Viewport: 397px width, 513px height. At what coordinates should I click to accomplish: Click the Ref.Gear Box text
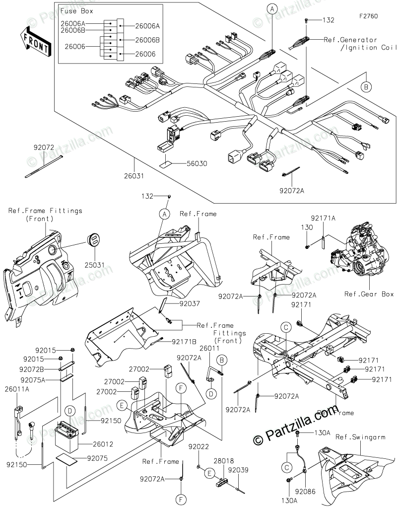tap(369, 294)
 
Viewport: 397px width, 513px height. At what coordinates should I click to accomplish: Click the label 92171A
tap(323, 218)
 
